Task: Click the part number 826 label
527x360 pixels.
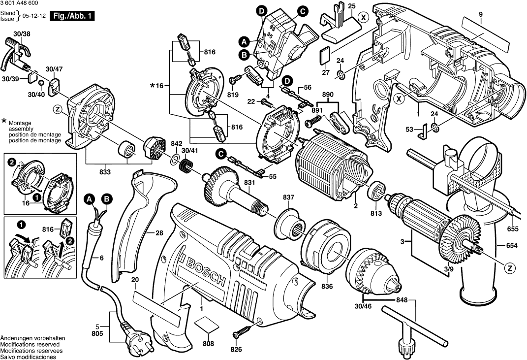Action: [237, 350]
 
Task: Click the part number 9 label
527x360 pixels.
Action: [480, 14]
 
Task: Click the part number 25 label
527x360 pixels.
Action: [351, 5]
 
